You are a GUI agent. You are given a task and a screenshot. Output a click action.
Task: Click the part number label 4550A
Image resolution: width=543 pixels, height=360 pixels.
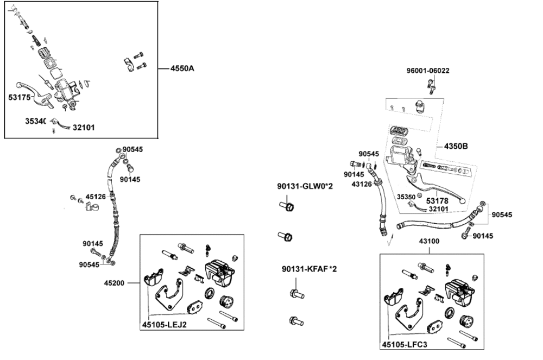[x=182, y=69]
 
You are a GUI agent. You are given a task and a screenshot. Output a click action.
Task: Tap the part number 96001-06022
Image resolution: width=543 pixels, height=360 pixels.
[x=428, y=71]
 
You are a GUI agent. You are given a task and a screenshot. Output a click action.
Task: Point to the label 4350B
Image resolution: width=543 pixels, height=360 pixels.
[x=456, y=147]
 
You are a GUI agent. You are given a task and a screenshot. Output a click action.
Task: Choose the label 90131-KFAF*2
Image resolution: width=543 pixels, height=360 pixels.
[x=309, y=269]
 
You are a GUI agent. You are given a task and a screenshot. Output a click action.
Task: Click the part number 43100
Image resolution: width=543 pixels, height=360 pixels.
[x=430, y=241]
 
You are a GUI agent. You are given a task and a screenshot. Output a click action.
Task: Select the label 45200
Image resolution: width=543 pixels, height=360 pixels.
[x=115, y=283]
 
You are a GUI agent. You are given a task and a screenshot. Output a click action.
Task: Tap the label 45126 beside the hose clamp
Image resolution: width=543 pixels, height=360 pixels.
[x=96, y=197]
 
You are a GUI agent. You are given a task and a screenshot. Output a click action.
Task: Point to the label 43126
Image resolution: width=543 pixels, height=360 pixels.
[x=362, y=184]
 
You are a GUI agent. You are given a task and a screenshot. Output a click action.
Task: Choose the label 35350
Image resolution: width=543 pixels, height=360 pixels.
[x=406, y=197]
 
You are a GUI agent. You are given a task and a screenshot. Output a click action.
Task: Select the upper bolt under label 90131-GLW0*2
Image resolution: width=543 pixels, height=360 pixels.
[x=288, y=206]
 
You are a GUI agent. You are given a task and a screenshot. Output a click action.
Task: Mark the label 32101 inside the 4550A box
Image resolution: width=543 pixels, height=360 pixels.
[x=83, y=128]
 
